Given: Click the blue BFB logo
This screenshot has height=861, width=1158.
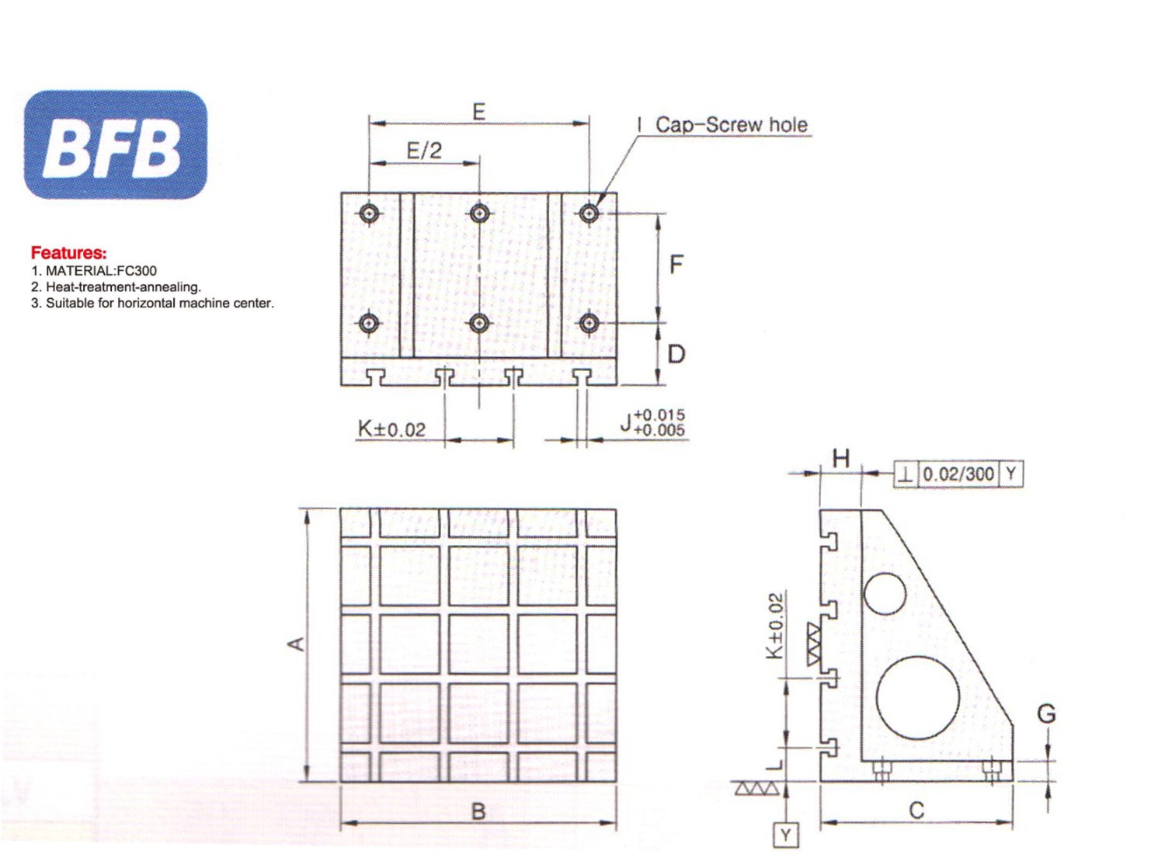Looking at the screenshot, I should pyautogui.click(x=116, y=145).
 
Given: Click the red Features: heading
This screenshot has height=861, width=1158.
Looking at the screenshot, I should pyautogui.click(x=68, y=252).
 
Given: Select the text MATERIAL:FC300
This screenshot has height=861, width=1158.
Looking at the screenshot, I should pyautogui.click(x=101, y=271).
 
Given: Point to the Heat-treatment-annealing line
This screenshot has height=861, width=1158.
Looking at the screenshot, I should pyautogui.click(x=123, y=287).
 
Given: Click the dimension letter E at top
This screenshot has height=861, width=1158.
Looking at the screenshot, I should pyautogui.click(x=478, y=112).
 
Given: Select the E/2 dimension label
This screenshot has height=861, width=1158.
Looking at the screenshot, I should pyautogui.click(x=424, y=151).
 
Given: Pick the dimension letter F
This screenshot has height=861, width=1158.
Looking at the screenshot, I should pyautogui.click(x=676, y=265).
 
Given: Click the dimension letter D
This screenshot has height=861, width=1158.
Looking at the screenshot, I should pyautogui.click(x=676, y=354).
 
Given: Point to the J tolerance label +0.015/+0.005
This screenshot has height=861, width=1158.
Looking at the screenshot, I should pyautogui.click(x=652, y=423).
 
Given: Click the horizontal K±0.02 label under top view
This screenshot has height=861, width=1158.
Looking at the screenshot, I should pyautogui.click(x=391, y=429).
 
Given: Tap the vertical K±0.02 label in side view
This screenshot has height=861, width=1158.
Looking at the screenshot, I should pyautogui.click(x=775, y=627).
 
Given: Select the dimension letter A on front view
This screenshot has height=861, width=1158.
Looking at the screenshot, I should pyautogui.click(x=296, y=644).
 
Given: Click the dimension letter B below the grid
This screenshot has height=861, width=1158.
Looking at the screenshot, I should pyautogui.click(x=478, y=811).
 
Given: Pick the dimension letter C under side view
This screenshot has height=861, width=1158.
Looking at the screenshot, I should pyautogui.click(x=916, y=811).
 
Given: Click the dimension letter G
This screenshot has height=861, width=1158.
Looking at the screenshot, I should pyautogui.click(x=1046, y=713).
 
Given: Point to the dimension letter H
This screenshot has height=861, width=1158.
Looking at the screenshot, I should pyautogui.click(x=840, y=459).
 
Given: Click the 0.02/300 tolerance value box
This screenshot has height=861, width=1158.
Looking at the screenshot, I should pyautogui.click(x=958, y=474).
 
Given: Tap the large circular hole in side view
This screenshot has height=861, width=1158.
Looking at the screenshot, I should pyautogui.click(x=917, y=697).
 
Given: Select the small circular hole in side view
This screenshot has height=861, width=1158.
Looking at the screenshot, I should pyautogui.click(x=885, y=594).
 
